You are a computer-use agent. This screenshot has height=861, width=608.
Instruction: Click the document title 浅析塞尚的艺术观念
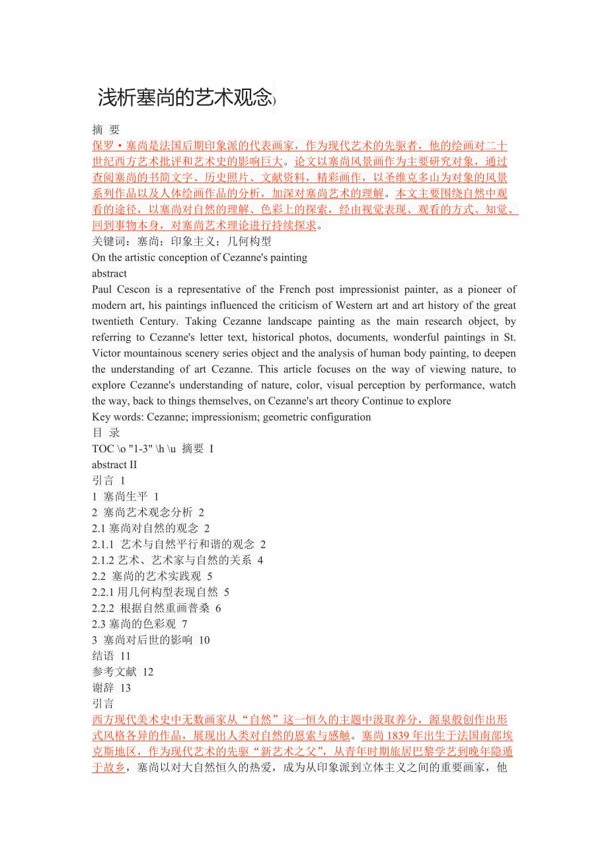[x=184, y=98]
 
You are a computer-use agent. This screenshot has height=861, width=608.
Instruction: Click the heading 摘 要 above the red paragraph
[x=106, y=130]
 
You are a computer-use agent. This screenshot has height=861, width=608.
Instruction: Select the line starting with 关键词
[x=182, y=241]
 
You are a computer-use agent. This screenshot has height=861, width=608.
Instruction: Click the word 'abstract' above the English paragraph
[x=110, y=273]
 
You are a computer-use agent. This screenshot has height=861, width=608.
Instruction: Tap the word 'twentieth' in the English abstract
[x=114, y=321]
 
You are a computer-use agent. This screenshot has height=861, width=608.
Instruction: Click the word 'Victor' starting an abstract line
[x=107, y=353]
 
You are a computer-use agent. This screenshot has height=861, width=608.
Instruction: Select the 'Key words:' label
[x=116, y=417]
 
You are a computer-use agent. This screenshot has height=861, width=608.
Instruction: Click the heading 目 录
[x=106, y=433]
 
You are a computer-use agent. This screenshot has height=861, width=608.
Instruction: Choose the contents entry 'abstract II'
[x=114, y=465]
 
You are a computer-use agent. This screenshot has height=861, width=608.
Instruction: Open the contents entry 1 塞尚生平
[x=126, y=497]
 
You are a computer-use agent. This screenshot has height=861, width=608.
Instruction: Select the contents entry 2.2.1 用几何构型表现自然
[x=161, y=592]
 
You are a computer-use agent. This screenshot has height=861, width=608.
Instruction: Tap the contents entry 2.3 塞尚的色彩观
[x=139, y=624]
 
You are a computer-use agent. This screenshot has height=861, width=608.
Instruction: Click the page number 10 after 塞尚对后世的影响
[x=204, y=640]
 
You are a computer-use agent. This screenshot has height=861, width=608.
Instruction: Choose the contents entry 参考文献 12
[x=122, y=672]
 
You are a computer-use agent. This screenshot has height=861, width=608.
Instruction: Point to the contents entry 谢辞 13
[x=112, y=688]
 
